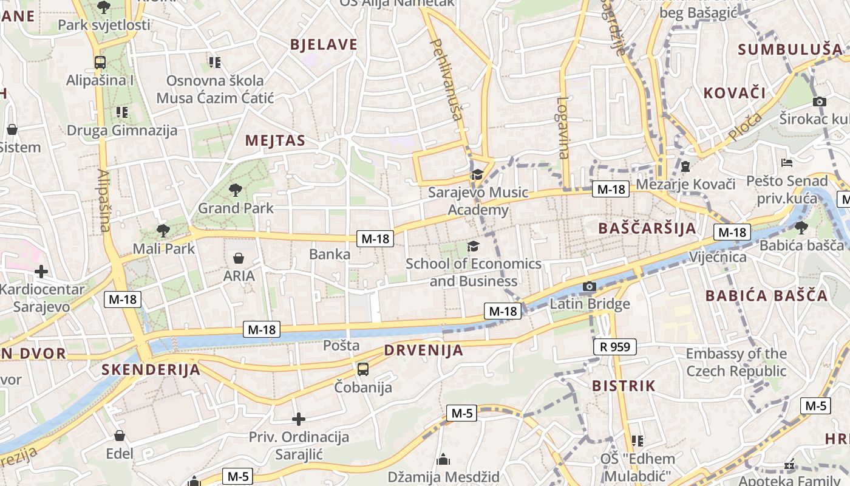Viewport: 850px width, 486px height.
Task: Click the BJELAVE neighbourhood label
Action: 324,44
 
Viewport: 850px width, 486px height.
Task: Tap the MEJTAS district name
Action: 275,141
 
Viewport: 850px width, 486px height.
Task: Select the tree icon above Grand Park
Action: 236,190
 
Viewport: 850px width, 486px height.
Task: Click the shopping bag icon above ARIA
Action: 239,258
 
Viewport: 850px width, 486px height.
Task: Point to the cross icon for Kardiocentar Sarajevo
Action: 41,272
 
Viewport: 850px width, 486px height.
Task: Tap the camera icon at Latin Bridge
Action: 589,286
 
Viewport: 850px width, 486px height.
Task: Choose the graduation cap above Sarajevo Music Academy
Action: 478,175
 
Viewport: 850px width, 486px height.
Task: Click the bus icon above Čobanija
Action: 363,369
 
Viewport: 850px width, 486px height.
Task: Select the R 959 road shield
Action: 615,347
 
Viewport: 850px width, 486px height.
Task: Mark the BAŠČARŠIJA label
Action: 647,228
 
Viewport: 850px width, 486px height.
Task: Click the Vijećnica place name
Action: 718,257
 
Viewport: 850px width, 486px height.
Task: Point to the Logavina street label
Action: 563,128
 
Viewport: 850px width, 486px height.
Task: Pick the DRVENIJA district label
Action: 424,351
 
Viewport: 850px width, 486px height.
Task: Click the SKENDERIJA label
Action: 151,369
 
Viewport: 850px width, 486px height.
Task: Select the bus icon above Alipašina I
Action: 100,62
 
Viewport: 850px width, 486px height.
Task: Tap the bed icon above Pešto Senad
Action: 787,163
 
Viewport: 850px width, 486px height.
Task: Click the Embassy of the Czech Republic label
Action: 736,362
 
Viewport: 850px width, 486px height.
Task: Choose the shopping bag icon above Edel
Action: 120,436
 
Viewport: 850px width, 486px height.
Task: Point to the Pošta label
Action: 341,346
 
